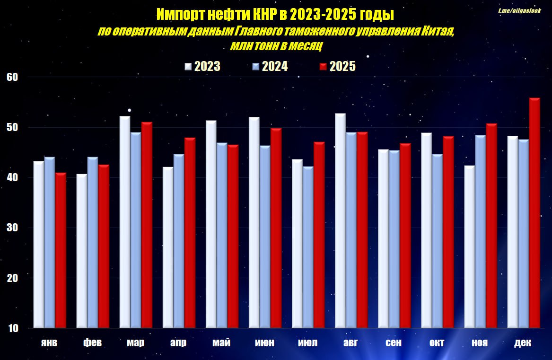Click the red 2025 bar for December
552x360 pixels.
pos(534,213)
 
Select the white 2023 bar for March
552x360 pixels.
pos(125,222)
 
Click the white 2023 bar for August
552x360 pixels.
pos(340,220)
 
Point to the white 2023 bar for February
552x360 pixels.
pos(82,251)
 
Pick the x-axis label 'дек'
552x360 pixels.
pos(523,343)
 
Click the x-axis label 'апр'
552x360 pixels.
pos(178,343)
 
